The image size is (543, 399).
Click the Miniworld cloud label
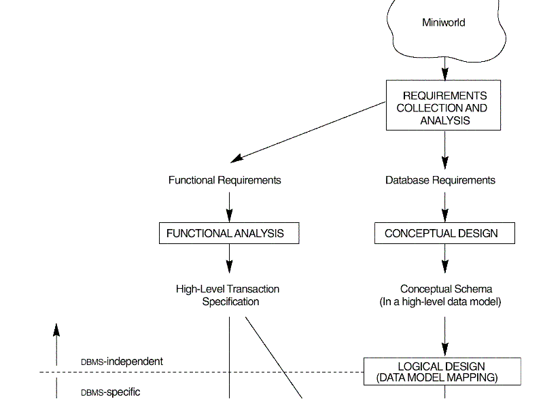[443, 22]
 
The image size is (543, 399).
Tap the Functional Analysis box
[229, 233]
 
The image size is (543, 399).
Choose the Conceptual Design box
[444, 233]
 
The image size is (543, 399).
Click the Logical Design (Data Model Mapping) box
[442, 372]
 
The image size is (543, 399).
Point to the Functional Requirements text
[224, 180]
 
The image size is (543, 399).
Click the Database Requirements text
[440, 180]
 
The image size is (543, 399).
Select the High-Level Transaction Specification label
[228, 295]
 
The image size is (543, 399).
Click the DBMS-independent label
[122, 362]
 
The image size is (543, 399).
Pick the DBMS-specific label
[111, 392]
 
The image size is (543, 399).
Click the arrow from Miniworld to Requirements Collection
[445, 68]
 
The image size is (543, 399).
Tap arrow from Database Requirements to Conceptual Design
[445, 205]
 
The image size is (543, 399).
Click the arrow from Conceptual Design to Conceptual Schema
[445, 258]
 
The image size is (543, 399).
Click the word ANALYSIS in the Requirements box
[444, 120]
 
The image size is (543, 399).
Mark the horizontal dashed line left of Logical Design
[204, 372]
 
